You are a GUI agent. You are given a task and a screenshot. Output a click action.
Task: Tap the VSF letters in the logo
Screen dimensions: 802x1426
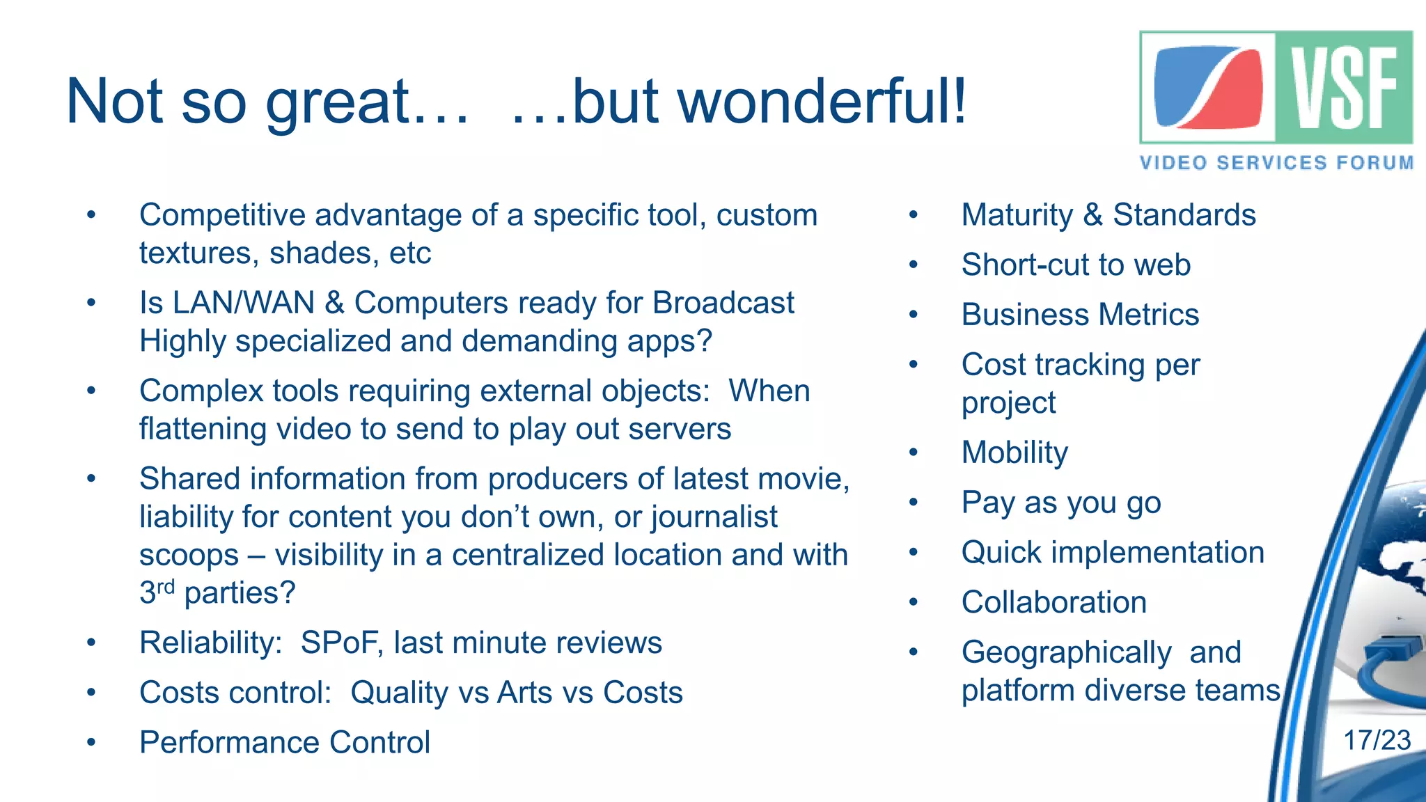[x=1344, y=88]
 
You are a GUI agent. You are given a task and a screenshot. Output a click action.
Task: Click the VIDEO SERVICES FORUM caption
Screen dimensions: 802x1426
[x=1276, y=163]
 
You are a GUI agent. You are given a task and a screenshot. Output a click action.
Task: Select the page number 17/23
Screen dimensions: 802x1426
[x=1377, y=740]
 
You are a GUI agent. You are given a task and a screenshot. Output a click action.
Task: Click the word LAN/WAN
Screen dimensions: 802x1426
[x=244, y=303]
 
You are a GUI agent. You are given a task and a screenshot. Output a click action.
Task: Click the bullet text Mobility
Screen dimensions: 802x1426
[x=1014, y=453]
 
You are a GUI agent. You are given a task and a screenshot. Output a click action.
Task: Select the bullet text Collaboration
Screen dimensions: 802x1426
[x=1053, y=602]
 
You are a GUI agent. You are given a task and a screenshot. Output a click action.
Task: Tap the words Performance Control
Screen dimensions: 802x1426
[x=284, y=742]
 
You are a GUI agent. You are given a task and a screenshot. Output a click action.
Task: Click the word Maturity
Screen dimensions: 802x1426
[x=1017, y=214]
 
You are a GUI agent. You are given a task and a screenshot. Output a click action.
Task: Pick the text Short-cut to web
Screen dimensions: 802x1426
[x=1076, y=265]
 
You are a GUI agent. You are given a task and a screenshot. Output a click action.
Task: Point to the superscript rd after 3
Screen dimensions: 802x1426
[x=166, y=587]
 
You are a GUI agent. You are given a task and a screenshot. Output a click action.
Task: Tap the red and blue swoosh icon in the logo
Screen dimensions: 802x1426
[x=1208, y=88]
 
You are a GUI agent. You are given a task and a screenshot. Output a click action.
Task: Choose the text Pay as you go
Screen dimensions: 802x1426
[x=1060, y=503]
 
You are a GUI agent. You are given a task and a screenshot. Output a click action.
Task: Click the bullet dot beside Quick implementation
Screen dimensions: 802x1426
[x=914, y=553]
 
